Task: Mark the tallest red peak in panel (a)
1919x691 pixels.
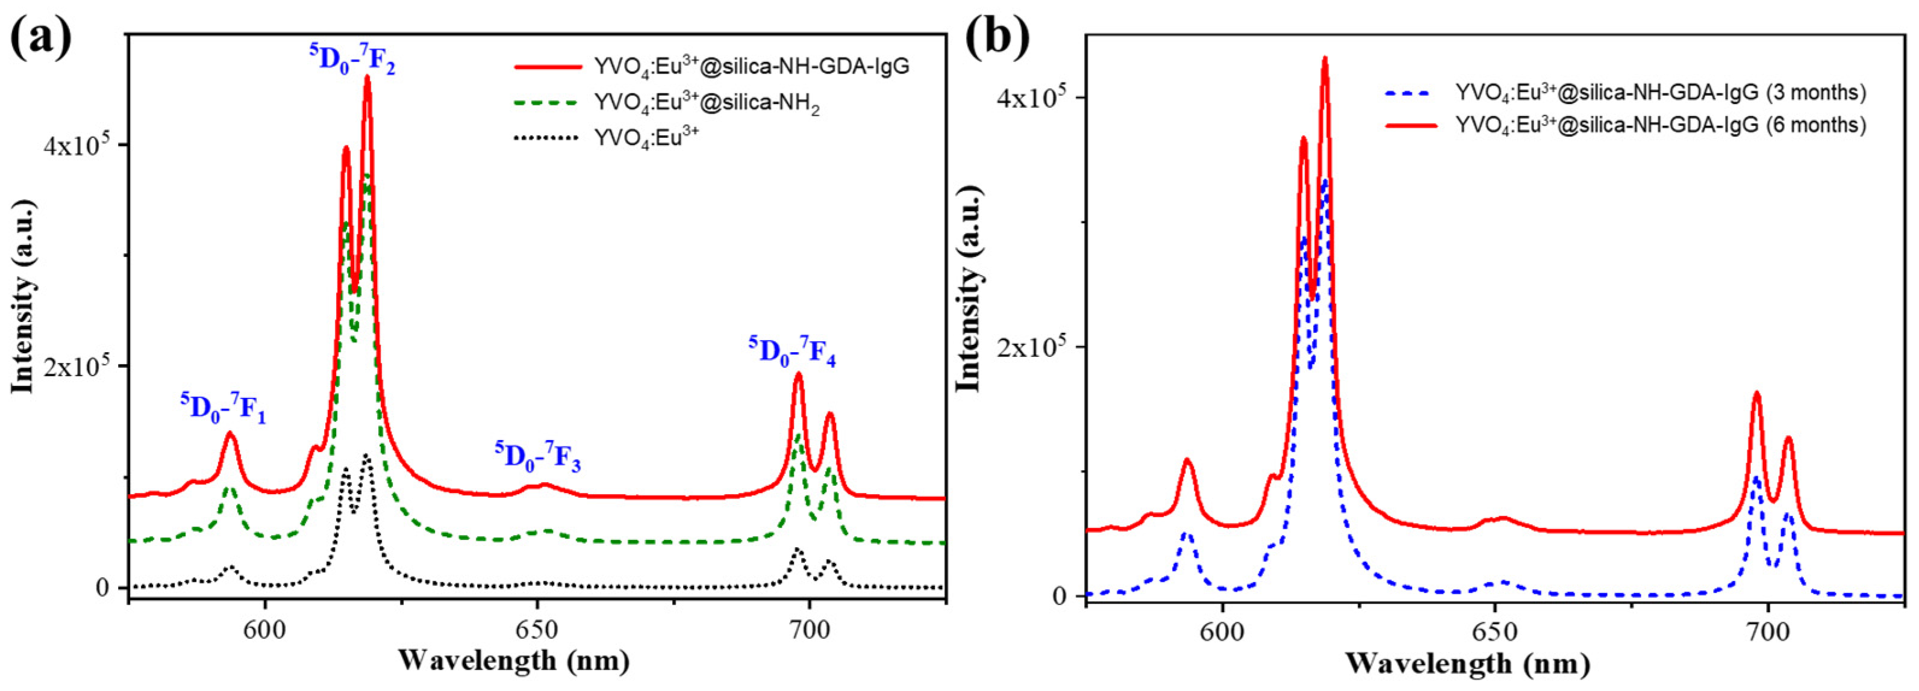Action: pyautogui.click(x=367, y=78)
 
